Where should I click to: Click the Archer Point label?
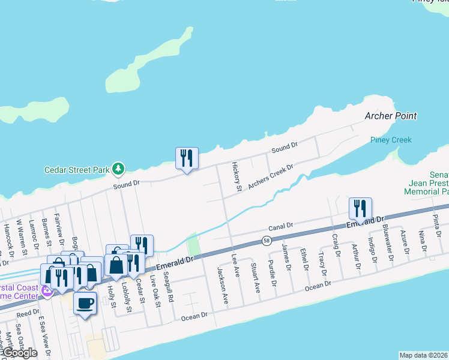coord(391,116)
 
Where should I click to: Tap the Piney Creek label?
coord(391,140)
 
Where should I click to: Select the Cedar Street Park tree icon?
coord(119,169)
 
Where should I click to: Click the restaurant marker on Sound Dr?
coord(186,158)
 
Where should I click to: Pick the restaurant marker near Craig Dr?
coord(361,208)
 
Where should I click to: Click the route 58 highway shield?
coord(266,241)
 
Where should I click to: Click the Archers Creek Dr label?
coord(270,176)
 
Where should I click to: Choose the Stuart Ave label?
coord(255,277)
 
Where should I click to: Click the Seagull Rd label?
coord(170,289)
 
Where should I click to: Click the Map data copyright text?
coord(424,355)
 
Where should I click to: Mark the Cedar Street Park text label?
coord(77,170)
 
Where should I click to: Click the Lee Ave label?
coord(236,264)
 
